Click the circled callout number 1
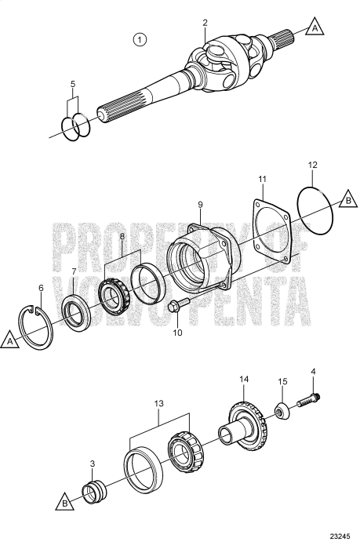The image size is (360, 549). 140,39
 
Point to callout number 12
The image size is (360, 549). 312,166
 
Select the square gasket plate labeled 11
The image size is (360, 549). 267,227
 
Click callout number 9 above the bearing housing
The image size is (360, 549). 200,205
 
